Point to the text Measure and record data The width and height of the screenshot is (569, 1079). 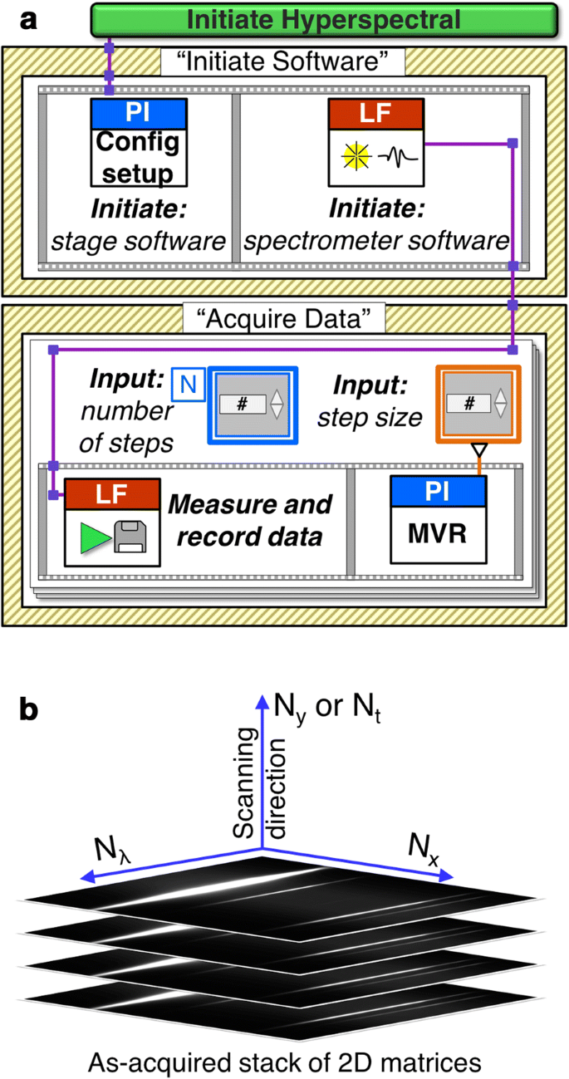pyautogui.click(x=249, y=520)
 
